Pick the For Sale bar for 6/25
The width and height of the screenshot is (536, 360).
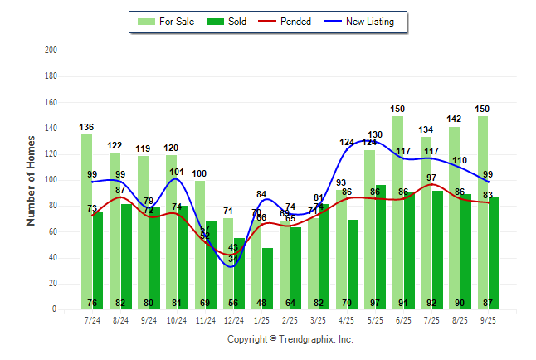397,216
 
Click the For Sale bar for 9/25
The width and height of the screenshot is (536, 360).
482,216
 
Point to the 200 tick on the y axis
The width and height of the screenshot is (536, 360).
51,51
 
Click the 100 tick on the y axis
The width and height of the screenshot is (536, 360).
51,180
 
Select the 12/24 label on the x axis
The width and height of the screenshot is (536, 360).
233,320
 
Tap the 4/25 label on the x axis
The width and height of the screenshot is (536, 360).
346,320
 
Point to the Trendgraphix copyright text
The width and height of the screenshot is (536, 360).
290,339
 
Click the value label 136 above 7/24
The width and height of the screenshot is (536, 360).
86,127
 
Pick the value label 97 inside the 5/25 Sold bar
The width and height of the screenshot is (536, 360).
380,303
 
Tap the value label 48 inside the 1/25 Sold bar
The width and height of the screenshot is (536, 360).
267,303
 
